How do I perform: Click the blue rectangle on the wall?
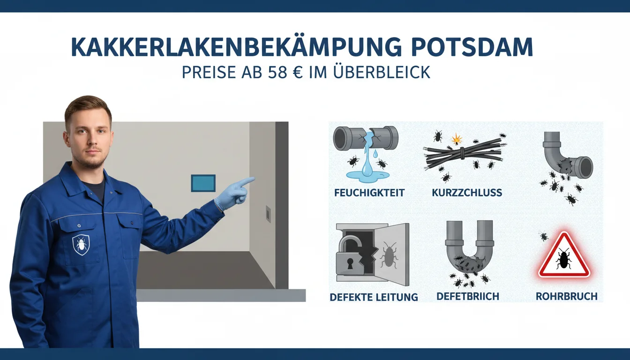pos(203,183)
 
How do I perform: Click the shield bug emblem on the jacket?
pos(81,245)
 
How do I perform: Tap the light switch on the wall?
pos(268,214)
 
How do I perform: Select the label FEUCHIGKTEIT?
pos(369,193)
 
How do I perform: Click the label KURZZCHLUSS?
pos(466,193)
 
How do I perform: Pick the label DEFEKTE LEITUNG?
pos(374,297)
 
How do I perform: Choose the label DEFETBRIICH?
pos(468,296)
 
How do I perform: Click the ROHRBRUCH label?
pos(566,296)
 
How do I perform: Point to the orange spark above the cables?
pos(457,139)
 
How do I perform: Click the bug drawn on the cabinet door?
pos(389,255)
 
